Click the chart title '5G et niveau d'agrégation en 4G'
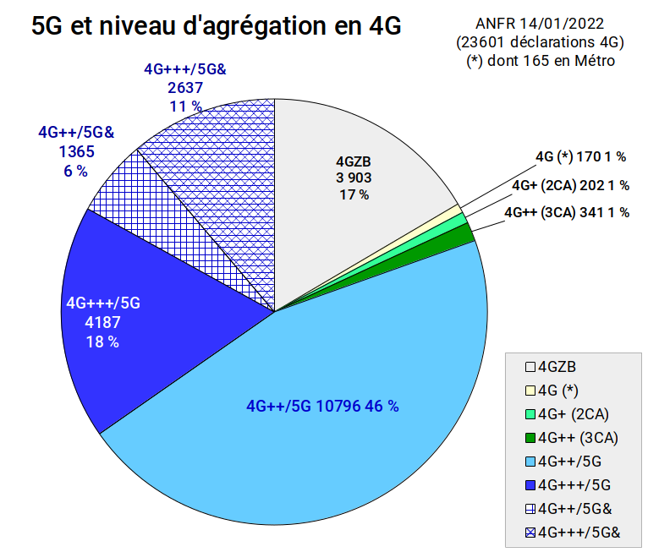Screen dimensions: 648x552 (x=216, y=25)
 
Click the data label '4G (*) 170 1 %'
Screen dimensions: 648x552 (x=580, y=157)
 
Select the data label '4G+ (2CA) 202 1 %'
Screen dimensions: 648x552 (x=571, y=185)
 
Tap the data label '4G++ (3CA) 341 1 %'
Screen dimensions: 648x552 (x=567, y=212)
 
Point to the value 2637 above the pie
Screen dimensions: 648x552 (x=185, y=88)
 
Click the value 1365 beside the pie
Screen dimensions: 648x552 (x=76, y=151)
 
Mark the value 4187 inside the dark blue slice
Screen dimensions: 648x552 (x=102, y=322)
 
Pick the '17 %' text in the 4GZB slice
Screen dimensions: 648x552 (x=354, y=194)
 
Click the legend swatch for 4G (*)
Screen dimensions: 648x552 (x=530, y=391)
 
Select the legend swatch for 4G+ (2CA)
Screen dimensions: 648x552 (x=530, y=414)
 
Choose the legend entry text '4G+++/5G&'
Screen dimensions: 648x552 (x=579, y=533)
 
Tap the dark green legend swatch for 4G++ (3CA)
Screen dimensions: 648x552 (x=530, y=438)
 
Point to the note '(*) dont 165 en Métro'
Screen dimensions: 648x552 (x=541, y=61)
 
